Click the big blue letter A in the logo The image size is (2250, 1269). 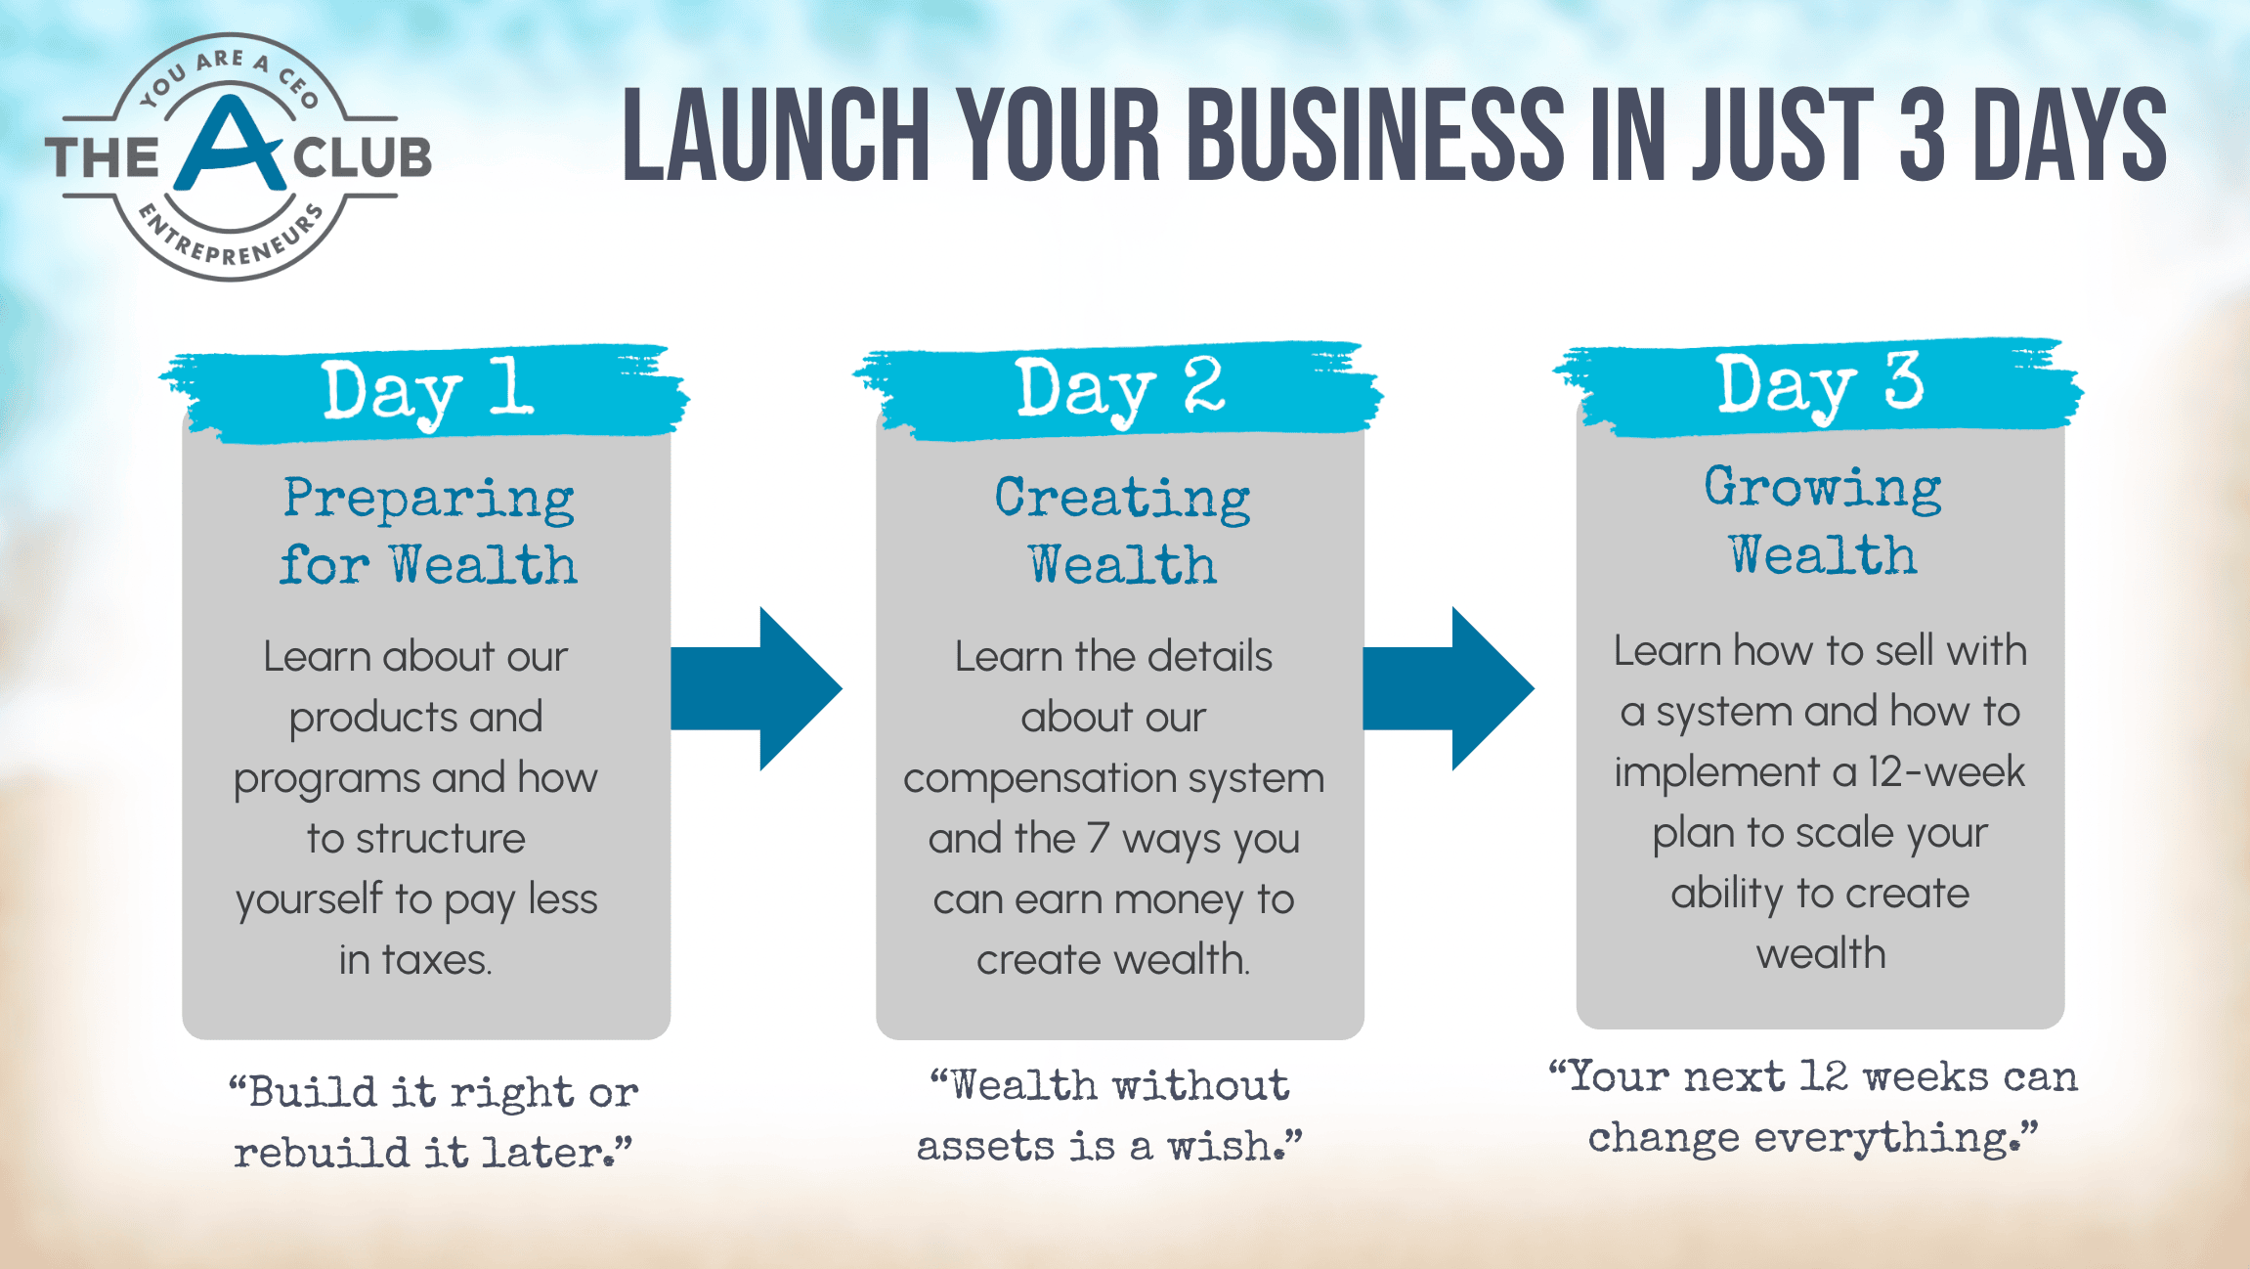point(233,147)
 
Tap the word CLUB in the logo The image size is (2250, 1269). point(362,158)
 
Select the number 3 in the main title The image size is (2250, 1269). point(1923,135)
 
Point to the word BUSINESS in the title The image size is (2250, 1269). point(1376,135)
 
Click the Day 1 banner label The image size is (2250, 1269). point(428,392)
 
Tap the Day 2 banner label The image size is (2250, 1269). point(1120,389)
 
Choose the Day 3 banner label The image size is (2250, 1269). point(1820,385)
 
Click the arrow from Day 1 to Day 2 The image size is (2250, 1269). point(757,688)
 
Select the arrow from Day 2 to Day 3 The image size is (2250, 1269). point(1449,688)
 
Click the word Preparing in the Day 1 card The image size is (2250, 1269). point(429,500)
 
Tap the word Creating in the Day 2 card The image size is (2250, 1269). point(1122,500)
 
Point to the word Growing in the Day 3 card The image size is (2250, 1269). point(1823,489)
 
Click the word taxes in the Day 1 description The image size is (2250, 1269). point(435,960)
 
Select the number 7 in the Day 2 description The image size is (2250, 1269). point(1098,839)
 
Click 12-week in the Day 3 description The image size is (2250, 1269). point(1946,772)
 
